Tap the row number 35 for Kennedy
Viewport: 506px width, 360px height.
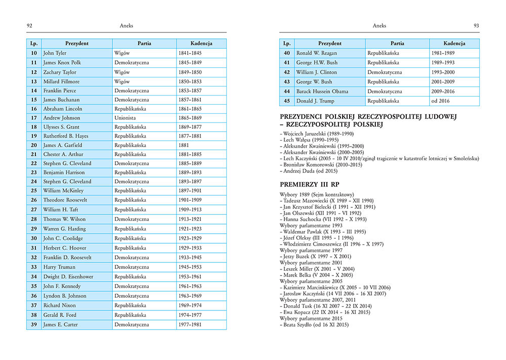[33, 286]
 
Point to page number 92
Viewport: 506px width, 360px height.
[29, 25]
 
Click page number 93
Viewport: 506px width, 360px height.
[476, 25]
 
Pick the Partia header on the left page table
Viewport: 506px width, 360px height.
[144, 43]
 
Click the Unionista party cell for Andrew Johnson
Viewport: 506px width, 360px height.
[125, 118]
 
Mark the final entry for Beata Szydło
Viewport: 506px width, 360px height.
[314, 325]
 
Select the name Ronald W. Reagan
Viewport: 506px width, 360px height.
[316, 53]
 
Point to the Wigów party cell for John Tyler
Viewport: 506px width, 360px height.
[122, 53]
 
